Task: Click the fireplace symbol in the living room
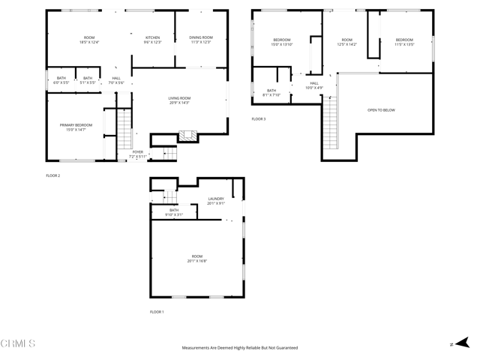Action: (187, 136)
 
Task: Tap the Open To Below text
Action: (381, 110)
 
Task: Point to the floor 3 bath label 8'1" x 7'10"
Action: (271, 93)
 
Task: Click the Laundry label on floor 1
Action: (216, 199)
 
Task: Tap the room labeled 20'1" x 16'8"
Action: (196, 258)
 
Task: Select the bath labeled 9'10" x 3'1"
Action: (174, 211)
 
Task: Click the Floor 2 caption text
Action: (52, 175)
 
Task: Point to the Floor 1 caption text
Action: (157, 311)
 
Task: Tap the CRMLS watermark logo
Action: (18, 344)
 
